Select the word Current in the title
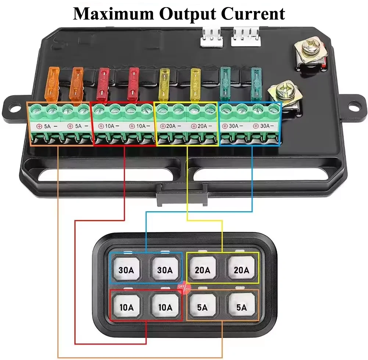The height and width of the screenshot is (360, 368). coord(254,14)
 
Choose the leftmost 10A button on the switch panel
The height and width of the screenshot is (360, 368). coord(126,307)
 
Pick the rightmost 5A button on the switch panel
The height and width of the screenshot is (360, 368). coord(242,307)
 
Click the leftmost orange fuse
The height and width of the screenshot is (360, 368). coord(52,83)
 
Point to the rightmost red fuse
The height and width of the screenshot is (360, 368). coord(133,84)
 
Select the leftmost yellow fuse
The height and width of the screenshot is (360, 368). coord(163,84)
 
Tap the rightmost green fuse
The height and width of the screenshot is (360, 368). coord(257,84)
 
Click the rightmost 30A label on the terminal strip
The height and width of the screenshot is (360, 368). coord(265,126)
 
